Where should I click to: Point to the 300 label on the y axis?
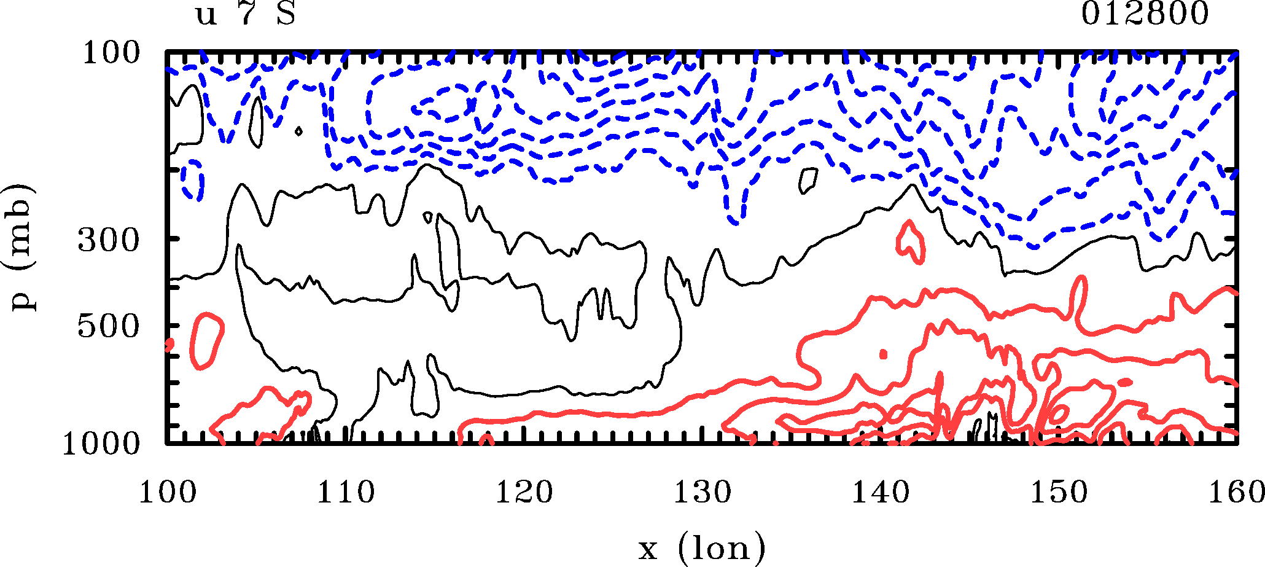pyautogui.click(x=109, y=240)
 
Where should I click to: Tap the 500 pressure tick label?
pyautogui.click(x=109, y=326)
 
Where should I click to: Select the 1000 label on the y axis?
pyautogui.click(x=101, y=444)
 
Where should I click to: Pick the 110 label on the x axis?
pyautogui.click(x=346, y=493)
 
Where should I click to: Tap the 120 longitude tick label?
pyautogui.click(x=524, y=493)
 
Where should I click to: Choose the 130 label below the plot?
pyautogui.click(x=703, y=493)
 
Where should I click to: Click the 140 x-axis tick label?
pyautogui.click(x=881, y=493)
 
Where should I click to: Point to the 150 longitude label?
pyautogui.click(x=1059, y=493)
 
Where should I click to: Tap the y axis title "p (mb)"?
pyautogui.click(x=23, y=247)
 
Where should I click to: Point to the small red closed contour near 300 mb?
pyautogui.click(x=910, y=241)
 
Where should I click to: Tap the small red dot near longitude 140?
pyautogui.click(x=884, y=354)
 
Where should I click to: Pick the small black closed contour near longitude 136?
pyautogui.click(x=808, y=179)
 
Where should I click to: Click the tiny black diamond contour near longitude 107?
pyautogui.click(x=299, y=131)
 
